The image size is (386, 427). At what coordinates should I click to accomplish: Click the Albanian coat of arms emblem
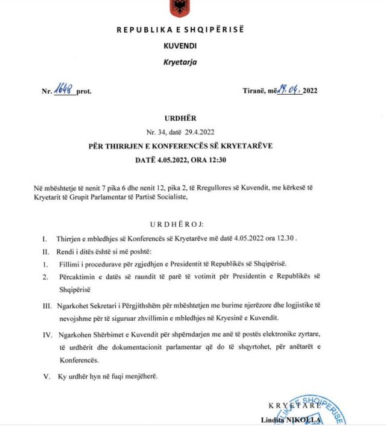[x=179, y=7]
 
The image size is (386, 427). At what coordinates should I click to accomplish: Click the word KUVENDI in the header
[x=180, y=45]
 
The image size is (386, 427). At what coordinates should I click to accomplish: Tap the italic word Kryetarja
[x=180, y=62]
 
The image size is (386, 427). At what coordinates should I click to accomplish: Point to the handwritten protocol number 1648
[x=65, y=90]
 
